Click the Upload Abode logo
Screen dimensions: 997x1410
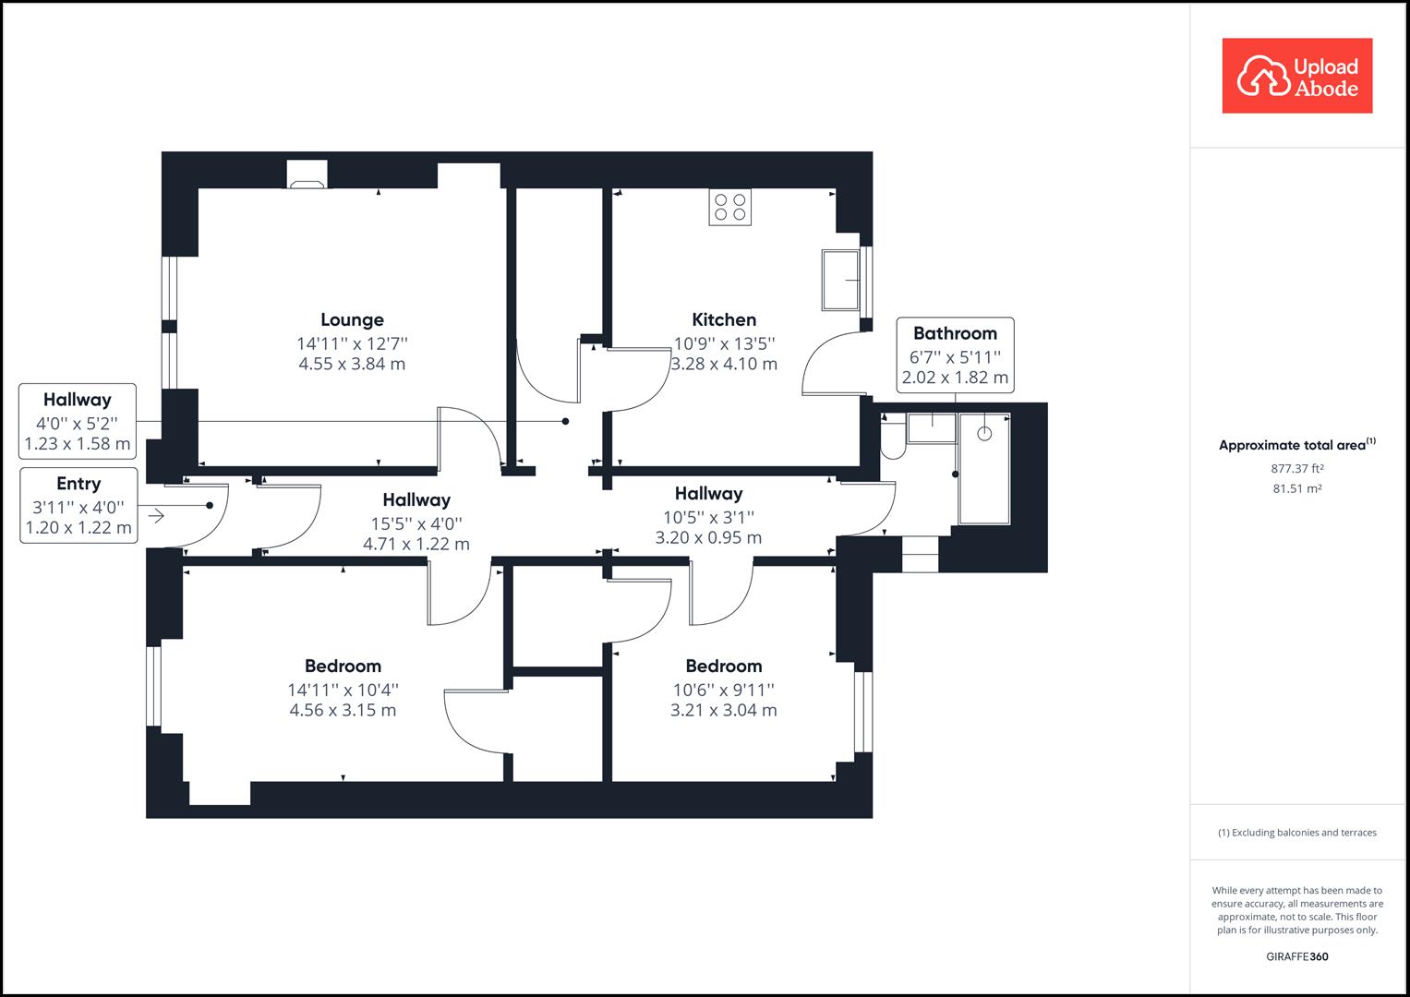1296,76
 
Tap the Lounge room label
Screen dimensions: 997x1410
352,319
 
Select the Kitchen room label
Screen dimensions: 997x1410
724,319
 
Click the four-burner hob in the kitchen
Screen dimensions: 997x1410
729,207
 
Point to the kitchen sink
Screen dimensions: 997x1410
840,280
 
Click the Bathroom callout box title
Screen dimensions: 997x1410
955,333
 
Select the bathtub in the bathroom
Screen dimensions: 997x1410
984,468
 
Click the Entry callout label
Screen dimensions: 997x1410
78,484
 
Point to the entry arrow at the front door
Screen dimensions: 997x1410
156,516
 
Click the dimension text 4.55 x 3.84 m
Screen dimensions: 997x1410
352,364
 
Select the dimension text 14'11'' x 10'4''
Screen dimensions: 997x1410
343,690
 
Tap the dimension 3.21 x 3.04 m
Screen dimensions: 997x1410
723,710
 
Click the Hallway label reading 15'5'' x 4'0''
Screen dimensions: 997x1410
416,499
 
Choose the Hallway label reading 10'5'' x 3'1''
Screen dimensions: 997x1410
708,494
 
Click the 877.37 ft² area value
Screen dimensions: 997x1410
1296,468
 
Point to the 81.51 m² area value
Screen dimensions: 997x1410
1296,488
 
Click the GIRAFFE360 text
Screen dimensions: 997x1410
1296,956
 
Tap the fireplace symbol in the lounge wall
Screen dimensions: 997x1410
307,175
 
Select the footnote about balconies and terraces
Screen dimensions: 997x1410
1296,833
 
